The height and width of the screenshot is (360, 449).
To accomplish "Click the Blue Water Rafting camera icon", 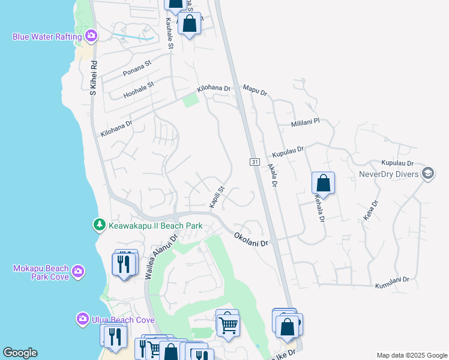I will (91, 36).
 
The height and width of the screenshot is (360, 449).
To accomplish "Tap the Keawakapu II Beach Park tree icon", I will (98, 226).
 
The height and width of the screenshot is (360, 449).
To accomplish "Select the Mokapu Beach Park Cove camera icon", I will (77, 272).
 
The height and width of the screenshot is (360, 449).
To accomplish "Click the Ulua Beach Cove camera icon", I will (83, 319).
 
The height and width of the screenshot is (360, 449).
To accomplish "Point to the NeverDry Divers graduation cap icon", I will (428, 174).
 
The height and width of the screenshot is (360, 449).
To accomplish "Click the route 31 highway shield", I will (255, 163).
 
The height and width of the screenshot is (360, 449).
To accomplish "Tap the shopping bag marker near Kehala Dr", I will (323, 184).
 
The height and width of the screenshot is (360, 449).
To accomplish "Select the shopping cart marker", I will (228, 325).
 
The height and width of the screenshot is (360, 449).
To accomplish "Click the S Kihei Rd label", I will (93, 77).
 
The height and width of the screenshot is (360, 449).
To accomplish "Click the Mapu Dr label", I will (255, 91).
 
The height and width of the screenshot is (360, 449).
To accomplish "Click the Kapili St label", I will (217, 197).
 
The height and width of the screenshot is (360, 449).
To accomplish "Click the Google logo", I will (20, 353).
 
